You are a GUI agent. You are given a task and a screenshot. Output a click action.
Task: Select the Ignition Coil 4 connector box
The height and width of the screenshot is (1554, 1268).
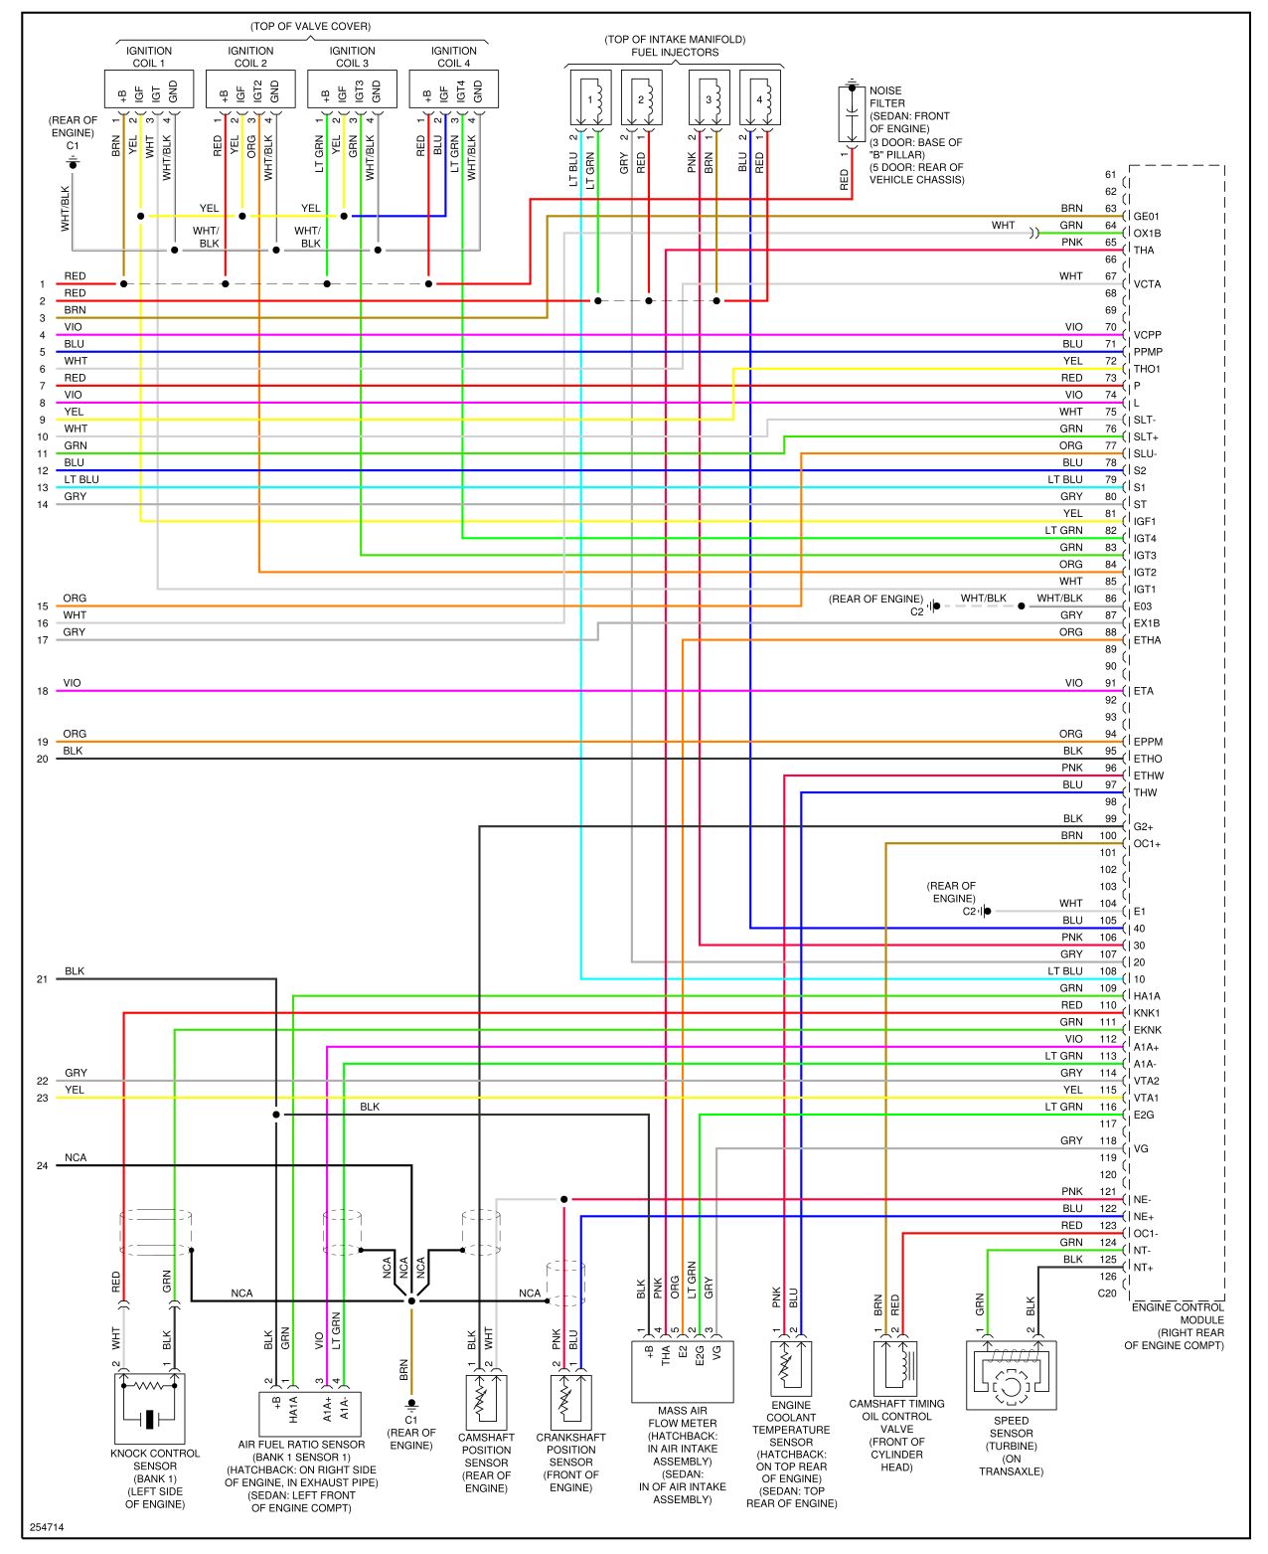(x=454, y=89)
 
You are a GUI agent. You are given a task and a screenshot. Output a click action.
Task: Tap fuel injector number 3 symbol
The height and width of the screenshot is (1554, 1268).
(x=709, y=97)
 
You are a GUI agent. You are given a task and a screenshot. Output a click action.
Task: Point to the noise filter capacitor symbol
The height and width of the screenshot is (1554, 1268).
(x=852, y=114)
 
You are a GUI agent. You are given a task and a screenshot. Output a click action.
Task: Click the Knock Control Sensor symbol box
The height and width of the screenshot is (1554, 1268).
(x=149, y=1408)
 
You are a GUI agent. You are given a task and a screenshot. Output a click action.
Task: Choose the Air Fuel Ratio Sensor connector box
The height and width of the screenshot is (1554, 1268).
(x=309, y=1413)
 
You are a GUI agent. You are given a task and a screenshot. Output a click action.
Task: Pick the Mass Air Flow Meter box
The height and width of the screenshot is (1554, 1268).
(x=683, y=1371)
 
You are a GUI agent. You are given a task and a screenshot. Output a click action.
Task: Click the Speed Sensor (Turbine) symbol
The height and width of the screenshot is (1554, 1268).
(x=1011, y=1375)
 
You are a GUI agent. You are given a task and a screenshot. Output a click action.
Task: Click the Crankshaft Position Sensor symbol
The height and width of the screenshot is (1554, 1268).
(x=571, y=1401)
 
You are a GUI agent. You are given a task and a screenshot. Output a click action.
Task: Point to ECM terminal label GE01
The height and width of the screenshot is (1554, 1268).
(x=1147, y=217)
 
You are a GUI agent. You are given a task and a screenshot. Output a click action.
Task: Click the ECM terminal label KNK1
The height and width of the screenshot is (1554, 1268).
(x=1147, y=1013)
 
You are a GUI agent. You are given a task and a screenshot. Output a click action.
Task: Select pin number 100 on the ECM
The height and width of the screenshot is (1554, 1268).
(x=1108, y=836)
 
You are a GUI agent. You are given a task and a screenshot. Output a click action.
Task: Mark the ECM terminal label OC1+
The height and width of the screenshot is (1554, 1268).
(x=1147, y=844)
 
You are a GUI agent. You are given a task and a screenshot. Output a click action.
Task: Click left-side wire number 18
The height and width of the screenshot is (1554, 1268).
(x=43, y=691)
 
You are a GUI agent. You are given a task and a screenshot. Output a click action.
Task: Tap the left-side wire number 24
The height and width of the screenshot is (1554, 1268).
(x=43, y=1165)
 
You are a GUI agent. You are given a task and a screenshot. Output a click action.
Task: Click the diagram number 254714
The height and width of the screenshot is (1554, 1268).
(x=47, y=1527)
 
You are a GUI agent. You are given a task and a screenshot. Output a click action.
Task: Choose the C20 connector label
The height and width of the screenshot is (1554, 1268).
(x=1107, y=1294)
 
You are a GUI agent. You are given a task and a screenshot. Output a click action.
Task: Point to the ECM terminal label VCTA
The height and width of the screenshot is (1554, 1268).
(x=1147, y=284)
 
